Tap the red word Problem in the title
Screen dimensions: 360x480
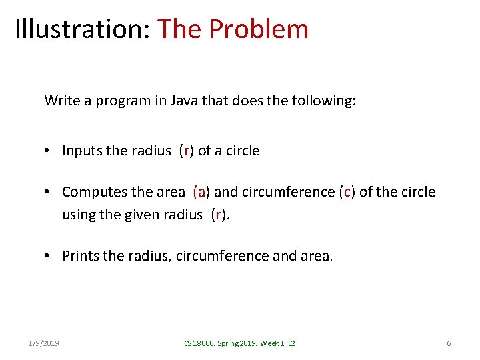[259, 29]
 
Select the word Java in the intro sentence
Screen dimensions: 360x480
[189, 101]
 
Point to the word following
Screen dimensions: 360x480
[323, 101]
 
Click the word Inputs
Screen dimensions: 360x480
[83, 151]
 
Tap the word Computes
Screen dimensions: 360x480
[93, 193]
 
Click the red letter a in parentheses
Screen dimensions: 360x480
[199, 193]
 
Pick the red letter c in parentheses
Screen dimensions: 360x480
[345, 193]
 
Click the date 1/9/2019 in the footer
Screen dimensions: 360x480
[43, 343]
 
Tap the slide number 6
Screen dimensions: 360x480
[449, 343]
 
